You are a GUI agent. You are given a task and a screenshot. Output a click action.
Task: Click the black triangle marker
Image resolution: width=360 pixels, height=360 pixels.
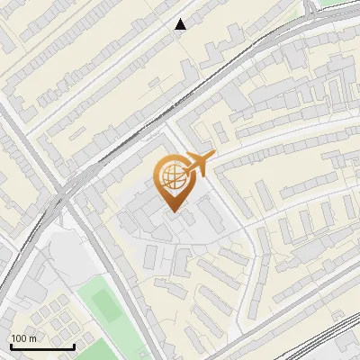coord(181,24)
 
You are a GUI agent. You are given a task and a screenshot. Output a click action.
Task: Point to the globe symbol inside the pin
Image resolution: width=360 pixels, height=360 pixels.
coord(171,176)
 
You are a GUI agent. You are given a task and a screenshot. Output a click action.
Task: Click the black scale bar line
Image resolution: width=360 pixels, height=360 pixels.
coord(42,346)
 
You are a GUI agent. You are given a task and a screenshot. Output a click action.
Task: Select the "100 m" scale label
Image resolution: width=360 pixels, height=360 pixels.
coord(23,338)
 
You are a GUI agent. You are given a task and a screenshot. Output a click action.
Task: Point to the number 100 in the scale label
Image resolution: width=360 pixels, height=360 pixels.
coord(19,338)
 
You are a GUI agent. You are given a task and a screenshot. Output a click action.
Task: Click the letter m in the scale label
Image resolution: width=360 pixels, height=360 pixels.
coord(32,338)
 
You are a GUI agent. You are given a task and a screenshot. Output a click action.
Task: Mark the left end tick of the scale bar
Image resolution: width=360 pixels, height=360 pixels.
coord(11,345)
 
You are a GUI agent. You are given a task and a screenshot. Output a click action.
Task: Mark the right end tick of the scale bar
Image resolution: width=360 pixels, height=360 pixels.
coord(74,345)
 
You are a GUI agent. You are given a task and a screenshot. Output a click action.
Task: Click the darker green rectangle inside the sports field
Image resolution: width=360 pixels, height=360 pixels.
coord(107,306)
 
